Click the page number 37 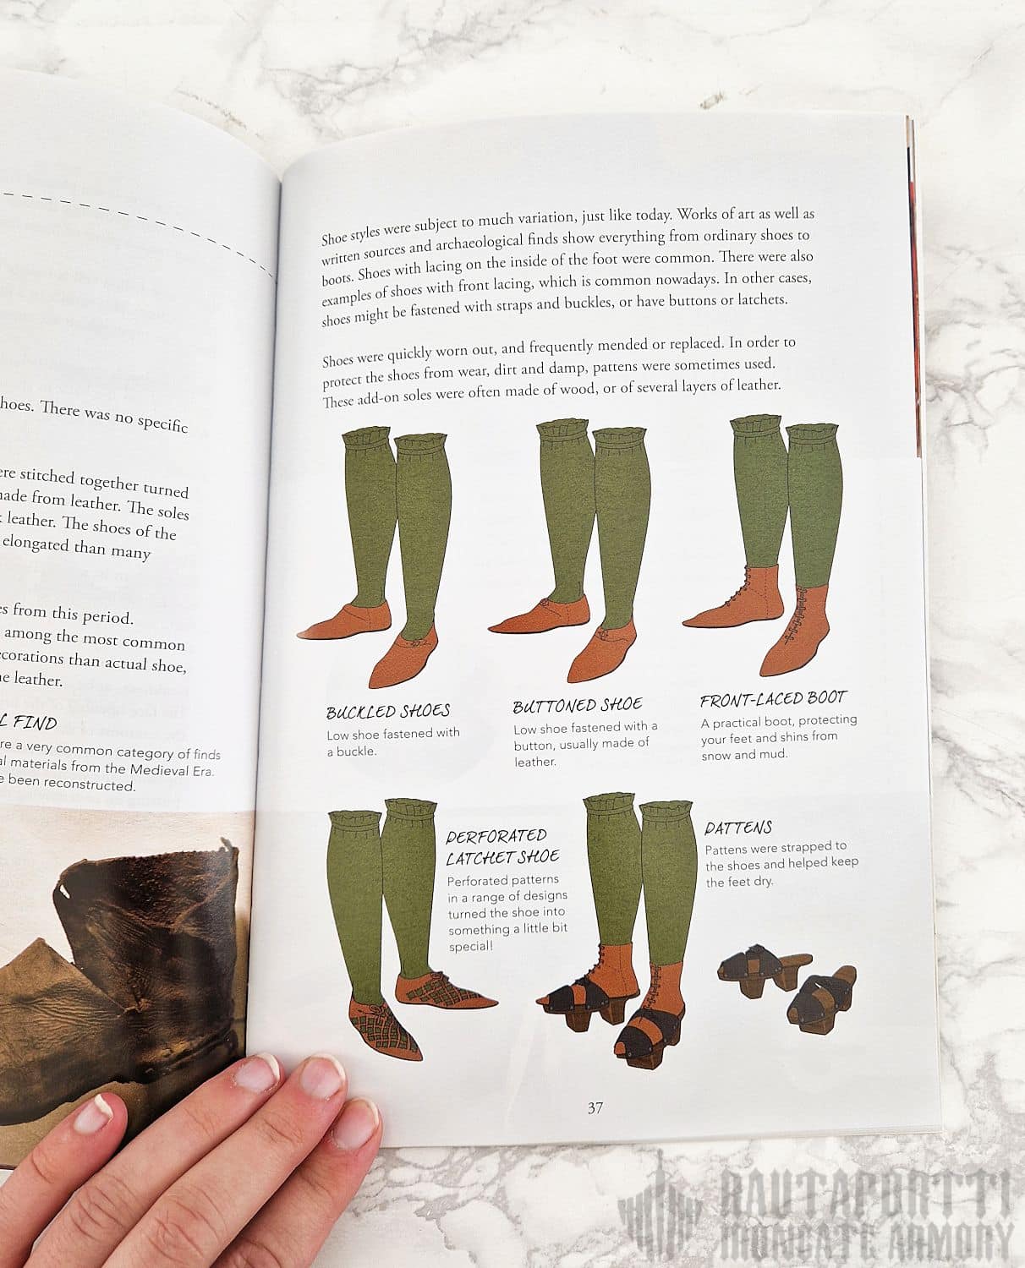click(x=595, y=1107)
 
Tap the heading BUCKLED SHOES click(x=388, y=711)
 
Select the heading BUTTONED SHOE click(x=578, y=705)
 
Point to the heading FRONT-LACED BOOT click(x=773, y=699)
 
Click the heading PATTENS click(x=738, y=828)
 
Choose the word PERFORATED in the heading click(x=496, y=836)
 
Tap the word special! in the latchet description click(x=470, y=946)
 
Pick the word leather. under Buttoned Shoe click(x=535, y=762)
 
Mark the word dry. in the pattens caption click(x=762, y=881)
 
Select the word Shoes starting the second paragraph click(x=338, y=360)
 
